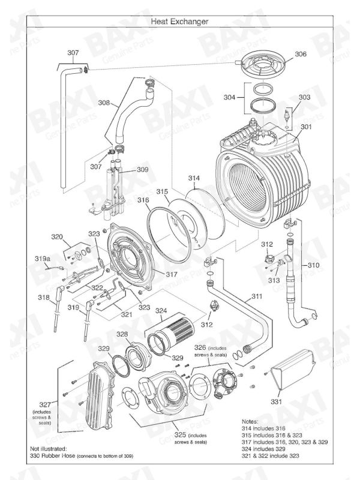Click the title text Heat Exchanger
[180, 22]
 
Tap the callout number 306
[300, 54]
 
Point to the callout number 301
[306, 127]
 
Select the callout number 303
[304, 97]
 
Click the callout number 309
[142, 170]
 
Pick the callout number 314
[193, 179]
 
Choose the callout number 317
[172, 274]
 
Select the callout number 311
[256, 296]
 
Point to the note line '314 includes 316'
[265, 430]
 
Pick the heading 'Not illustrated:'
[50, 449]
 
